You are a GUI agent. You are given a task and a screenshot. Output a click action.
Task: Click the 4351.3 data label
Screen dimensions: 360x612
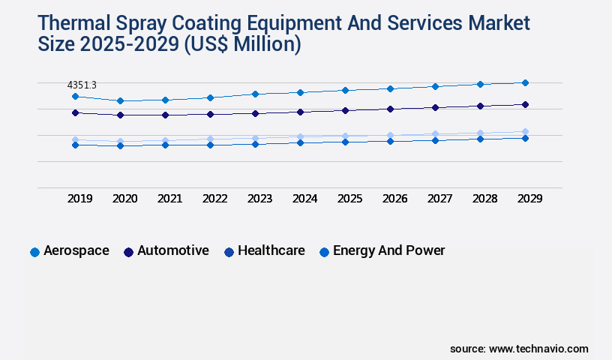point(82,85)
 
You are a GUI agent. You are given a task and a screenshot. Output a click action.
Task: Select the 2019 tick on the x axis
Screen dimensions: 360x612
point(79,199)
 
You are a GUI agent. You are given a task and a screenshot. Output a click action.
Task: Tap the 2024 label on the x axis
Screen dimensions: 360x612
point(304,199)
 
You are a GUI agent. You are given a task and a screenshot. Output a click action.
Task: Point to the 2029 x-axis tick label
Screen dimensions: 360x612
point(529,199)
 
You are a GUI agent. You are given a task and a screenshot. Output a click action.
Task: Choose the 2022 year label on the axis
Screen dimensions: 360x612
point(214,199)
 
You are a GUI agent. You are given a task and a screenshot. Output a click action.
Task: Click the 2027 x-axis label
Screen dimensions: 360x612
point(439,199)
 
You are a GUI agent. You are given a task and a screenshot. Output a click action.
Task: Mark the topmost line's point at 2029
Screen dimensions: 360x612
point(525,82)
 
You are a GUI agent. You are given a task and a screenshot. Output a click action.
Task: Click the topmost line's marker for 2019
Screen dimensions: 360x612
point(75,96)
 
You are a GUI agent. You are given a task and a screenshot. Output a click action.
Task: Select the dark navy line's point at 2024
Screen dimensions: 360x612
point(300,112)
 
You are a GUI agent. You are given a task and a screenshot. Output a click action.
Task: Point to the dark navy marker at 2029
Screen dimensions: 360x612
point(525,104)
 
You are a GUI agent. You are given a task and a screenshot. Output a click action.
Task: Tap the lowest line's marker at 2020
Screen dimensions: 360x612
point(120,145)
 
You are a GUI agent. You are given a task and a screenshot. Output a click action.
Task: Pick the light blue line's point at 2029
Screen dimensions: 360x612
point(525,131)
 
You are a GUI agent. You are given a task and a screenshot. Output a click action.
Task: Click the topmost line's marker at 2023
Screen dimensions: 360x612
point(255,94)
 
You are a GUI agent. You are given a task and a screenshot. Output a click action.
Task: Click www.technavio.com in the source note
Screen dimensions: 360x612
point(538,349)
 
